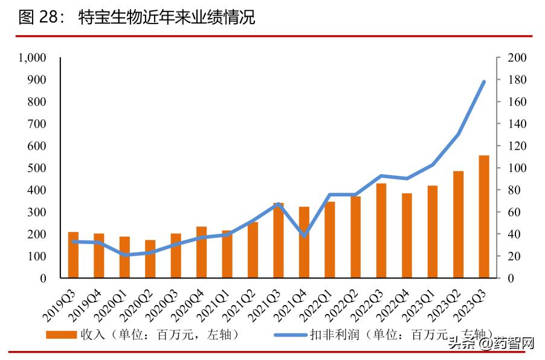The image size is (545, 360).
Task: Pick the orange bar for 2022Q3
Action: [381, 230]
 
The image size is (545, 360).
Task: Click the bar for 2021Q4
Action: [304, 242]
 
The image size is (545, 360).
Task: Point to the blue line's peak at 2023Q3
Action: [484, 82]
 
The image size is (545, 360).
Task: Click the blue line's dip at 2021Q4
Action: [304, 236]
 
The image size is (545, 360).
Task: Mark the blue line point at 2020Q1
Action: [124, 255]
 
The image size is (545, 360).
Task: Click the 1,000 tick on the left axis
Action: [33, 58]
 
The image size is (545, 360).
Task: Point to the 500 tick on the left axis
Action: [37, 168]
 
